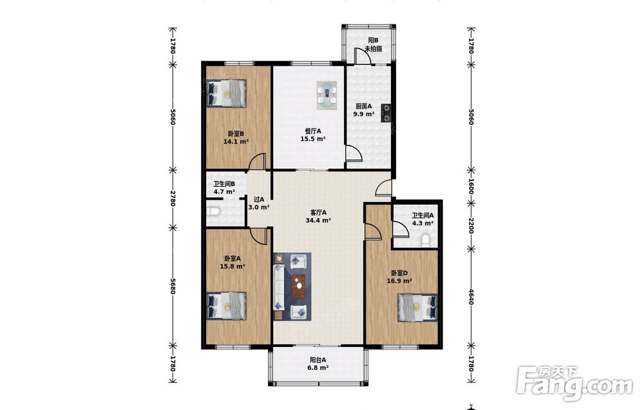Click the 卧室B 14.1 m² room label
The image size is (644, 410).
tap(236, 138)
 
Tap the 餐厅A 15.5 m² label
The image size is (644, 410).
tap(313, 135)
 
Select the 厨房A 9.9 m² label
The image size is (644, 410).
tap(363, 110)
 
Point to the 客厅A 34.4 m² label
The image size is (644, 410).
tap(318, 216)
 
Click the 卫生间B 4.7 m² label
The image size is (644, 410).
tap(224, 187)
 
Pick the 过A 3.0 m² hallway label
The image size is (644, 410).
tap(259, 203)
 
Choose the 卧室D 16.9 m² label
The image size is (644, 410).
tap(399, 277)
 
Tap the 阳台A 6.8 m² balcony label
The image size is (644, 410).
tap(318, 364)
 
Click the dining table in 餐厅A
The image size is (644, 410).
tap(327, 95)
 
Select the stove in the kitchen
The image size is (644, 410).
tap(386, 113)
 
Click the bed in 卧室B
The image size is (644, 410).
tap(227, 93)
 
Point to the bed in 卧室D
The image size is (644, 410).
tap(417, 308)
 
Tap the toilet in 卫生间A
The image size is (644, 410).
tap(426, 241)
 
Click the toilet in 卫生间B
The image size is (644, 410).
tap(213, 212)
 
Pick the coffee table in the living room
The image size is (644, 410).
tap(299, 286)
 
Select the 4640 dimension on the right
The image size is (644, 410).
tap(471, 296)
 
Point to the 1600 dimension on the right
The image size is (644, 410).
tap(471, 186)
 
